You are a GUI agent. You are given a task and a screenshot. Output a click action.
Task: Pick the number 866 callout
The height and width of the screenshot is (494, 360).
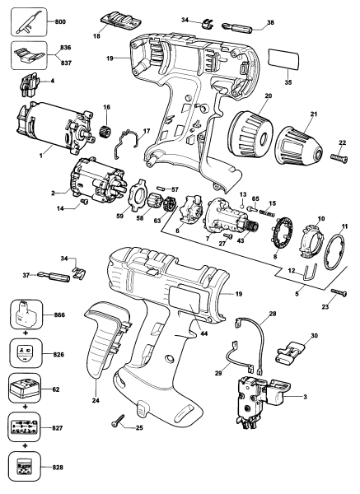pyautogui.click(x=59, y=315)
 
